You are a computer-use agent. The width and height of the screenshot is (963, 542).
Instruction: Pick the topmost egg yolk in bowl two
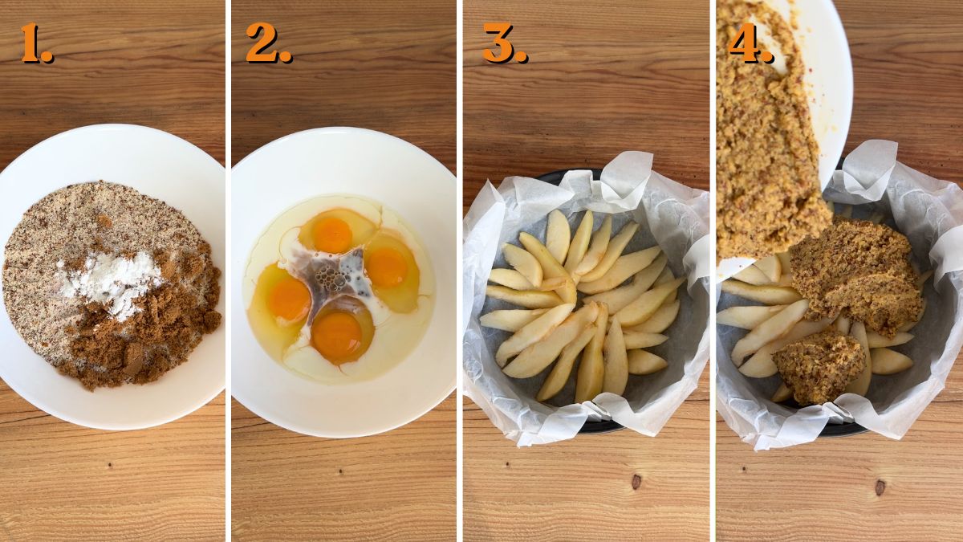332,234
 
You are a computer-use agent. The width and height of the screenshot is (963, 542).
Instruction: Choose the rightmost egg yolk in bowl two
388,267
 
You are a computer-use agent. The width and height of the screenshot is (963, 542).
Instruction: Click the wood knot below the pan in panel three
636,482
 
